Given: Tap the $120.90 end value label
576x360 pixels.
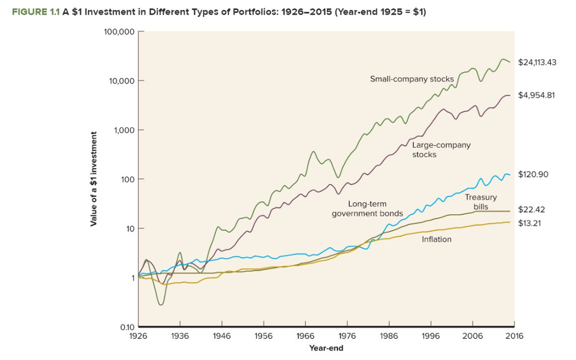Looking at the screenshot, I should pyautogui.click(x=533, y=174).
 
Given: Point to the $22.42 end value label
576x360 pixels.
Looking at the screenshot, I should pyautogui.click(x=532, y=210).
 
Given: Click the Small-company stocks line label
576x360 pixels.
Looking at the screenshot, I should pyautogui.click(x=412, y=79).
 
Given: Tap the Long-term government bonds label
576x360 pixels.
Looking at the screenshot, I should pyautogui.click(x=367, y=209).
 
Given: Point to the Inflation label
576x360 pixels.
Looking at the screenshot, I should pyautogui.click(x=436, y=239).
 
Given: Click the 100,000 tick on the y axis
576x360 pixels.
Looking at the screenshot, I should pyautogui.click(x=119, y=31).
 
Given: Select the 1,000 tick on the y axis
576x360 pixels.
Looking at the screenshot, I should pyautogui.click(x=123, y=130).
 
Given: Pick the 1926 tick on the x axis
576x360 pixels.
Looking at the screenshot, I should pyautogui.click(x=138, y=336).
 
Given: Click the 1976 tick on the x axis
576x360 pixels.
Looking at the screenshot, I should pyautogui.click(x=347, y=336).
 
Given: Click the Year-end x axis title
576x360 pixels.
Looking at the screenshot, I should pyautogui.click(x=326, y=348).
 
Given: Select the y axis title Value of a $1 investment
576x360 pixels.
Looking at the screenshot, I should pyautogui.click(x=94, y=179).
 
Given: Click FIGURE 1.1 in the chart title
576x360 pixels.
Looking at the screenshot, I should pyautogui.click(x=39, y=13).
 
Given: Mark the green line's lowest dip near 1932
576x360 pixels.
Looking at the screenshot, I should pyautogui.click(x=161, y=304).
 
